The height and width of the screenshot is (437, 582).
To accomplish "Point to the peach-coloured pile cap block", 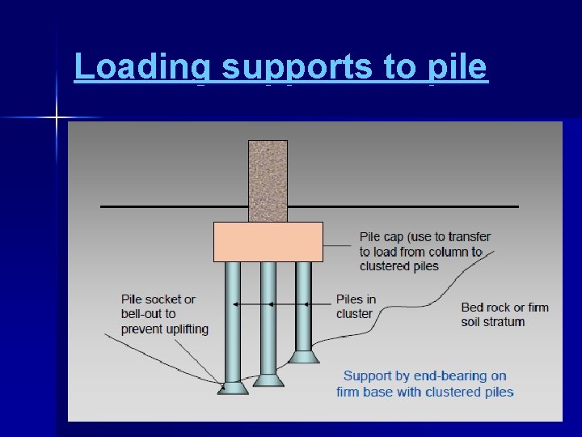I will pyautogui.click(x=268, y=241).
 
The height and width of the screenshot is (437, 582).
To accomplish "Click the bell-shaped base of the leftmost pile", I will pyautogui.click(x=233, y=387).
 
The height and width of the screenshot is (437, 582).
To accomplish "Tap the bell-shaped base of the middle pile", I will pyautogui.click(x=268, y=380).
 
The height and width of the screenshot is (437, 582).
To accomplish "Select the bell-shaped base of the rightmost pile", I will pyautogui.click(x=304, y=356).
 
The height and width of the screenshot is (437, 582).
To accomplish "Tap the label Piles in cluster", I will pyautogui.click(x=356, y=307).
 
